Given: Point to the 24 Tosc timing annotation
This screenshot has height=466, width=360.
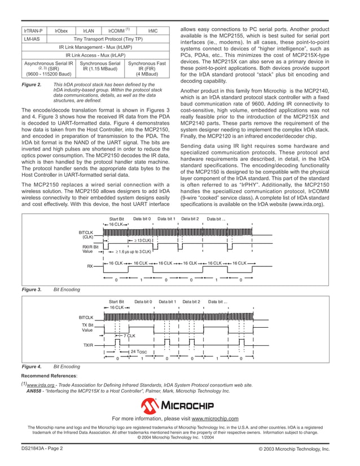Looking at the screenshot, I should pyautogui.click(x=138, y=351).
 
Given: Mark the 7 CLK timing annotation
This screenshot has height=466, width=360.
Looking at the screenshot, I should pyautogui.click(x=129, y=336).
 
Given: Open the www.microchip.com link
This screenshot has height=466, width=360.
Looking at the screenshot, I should pyautogui.click(x=215, y=418).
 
